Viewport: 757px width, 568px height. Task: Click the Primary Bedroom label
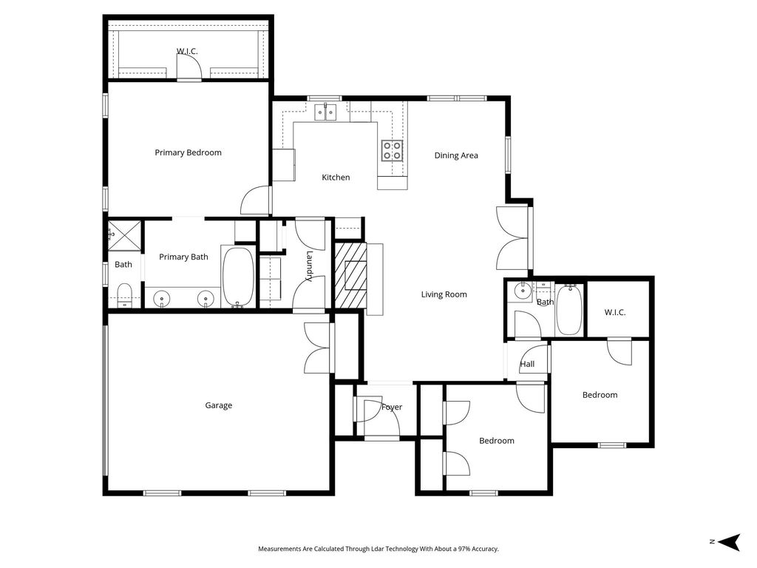click(x=189, y=152)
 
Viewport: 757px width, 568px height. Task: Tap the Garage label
click(x=219, y=405)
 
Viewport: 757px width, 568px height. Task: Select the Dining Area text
click(x=456, y=155)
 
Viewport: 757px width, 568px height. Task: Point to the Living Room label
click(x=444, y=294)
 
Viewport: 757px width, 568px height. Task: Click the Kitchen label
click(x=336, y=177)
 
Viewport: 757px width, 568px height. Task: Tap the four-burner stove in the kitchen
click(x=392, y=150)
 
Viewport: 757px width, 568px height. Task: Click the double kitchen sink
click(x=326, y=112)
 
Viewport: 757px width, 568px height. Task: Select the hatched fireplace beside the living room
click(x=351, y=275)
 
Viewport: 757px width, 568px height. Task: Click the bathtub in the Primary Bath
click(x=237, y=277)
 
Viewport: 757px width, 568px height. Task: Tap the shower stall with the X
click(x=124, y=236)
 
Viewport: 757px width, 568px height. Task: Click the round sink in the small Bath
click(x=522, y=291)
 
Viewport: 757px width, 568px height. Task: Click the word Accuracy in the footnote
click(x=484, y=549)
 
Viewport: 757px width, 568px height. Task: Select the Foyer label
click(x=392, y=408)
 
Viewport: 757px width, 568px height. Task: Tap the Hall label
click(x=527, y=364)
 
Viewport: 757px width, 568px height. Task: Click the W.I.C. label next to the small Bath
click(x=615, y=313)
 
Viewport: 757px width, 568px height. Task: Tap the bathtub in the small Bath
click(x=569, y=309)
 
